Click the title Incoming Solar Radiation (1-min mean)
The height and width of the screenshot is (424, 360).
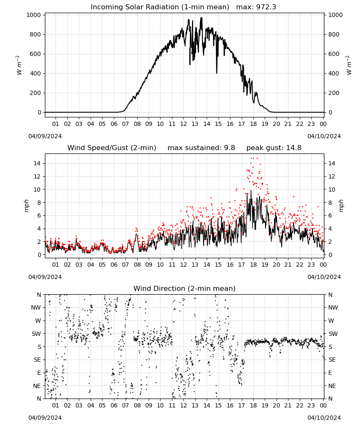point(160,7)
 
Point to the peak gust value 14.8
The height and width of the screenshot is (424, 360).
point(293,148)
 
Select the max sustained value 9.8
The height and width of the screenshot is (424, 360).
point(230,148)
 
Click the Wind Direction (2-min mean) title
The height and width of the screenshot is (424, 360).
point(185,288)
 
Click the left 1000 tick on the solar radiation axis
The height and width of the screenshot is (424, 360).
point(34,15)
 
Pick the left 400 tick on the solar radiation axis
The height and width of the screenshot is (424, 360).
point(36,73)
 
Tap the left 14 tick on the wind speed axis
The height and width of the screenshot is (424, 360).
point(37,163)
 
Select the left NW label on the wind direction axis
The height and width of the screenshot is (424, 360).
point(36,307)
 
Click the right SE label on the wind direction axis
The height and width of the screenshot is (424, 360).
point(332,360)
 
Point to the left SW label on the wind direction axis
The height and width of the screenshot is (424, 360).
point(36,334)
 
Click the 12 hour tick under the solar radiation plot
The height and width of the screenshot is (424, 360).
point(184,124)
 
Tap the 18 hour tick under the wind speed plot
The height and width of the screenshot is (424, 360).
point(253,265)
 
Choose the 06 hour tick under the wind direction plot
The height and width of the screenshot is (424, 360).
point(114,405)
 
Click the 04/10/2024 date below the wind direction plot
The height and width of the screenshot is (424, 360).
point(324,418)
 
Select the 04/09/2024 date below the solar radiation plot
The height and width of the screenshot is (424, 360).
point(45,136)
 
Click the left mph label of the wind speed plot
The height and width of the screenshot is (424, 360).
point(26,206)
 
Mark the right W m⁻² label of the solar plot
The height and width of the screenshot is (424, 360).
point(349,65)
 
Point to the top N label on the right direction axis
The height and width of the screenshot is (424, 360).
point(330,295)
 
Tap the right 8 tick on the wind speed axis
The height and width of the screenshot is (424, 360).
point(330,203)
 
